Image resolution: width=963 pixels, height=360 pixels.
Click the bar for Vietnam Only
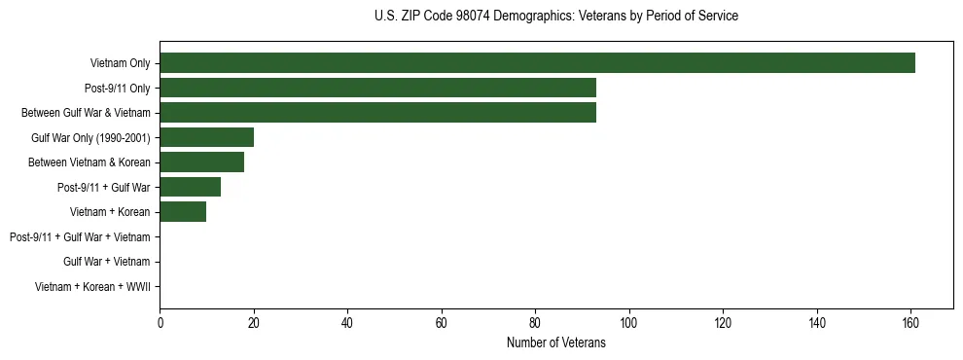coord(537,63)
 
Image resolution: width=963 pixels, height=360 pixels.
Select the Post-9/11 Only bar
coord(377,89)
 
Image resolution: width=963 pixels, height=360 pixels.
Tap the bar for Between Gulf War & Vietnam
coord(377,113)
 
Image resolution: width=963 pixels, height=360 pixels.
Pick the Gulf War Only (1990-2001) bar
coord(206,137)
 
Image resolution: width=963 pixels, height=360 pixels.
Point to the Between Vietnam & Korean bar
coord(201,162)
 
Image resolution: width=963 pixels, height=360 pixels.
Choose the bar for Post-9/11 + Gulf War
coord(190,187)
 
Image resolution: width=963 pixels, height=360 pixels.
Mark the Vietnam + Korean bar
coord(183,212)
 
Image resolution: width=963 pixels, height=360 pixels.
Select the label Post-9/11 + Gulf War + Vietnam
coord(80,237)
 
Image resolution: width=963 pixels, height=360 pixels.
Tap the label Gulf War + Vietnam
coord(106,262)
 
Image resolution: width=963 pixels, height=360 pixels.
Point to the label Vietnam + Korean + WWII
coord(92,287)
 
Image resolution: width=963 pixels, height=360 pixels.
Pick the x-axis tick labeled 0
coord(160,324)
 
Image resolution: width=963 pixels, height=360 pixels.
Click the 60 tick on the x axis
coord(441,324)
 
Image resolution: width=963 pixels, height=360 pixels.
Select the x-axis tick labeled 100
coord(628,324)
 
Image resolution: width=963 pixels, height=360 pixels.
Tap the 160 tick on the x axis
coord(910,324)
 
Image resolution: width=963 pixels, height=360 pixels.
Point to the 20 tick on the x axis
coord(254,324)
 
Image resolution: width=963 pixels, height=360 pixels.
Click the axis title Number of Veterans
coord(555,343)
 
